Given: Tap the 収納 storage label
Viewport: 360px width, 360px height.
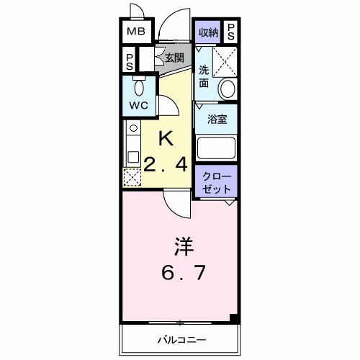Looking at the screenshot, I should point(208,32).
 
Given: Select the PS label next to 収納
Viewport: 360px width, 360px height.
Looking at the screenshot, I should point(231,32).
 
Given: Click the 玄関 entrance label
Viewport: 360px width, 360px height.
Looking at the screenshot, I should point(174,58).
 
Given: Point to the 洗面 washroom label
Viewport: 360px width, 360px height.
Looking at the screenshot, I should point(204,76).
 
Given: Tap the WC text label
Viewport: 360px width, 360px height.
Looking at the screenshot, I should point(138,104).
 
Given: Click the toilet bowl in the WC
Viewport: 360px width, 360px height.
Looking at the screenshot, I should point(140,87).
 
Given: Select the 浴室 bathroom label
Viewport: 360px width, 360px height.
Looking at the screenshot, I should point(217,120).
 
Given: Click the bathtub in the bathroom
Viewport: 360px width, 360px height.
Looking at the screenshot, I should point(217,148).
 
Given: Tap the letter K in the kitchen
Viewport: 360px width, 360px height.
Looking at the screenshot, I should point(166,138).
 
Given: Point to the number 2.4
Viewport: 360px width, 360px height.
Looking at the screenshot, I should point(166,164).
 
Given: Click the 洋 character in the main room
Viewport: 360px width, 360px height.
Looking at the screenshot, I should point(181,246).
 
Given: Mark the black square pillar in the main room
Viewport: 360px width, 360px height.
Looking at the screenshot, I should point(233,318).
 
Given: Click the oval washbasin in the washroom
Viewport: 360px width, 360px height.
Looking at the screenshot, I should point(228,89).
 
